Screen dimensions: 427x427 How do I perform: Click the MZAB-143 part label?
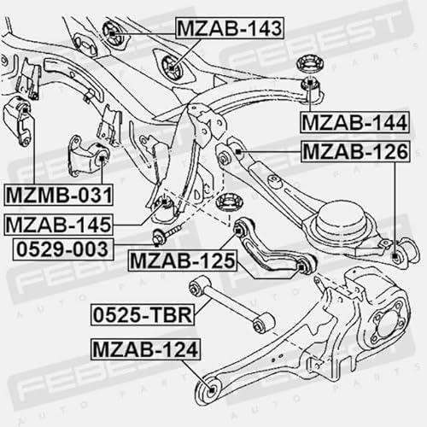point(230,28)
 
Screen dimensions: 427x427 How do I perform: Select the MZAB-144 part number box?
point(354,123)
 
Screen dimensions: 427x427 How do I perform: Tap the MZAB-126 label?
point(355,151)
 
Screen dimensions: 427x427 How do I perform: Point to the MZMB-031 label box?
point(59,195)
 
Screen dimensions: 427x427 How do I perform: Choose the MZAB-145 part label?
point(58,225)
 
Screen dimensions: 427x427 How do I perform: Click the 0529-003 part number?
point(63,249)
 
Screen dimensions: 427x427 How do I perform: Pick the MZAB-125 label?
point(183,260)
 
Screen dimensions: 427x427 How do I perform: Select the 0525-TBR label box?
point(143,315)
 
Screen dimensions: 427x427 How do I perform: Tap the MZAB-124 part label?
point(145,349)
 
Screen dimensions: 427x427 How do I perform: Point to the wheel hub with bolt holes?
point(389,325)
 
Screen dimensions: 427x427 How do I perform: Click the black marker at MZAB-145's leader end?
point(164,202)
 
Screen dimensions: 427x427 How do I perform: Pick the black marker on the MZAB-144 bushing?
point(310,83)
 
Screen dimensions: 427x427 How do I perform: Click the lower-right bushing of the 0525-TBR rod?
point(263,323)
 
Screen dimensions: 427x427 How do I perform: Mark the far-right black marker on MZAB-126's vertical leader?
point(395,255)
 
